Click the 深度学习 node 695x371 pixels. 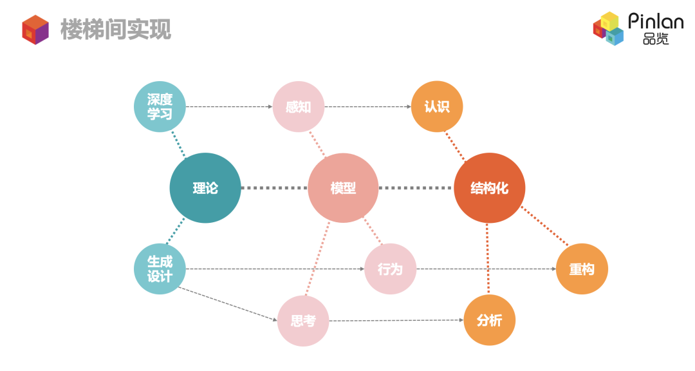click(x=160, y=106)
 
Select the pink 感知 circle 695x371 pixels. click(x=298, y=106)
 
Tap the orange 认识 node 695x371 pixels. click(x=437, y=106)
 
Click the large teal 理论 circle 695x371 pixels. click(x=205, y=188)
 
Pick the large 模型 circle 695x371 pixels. click(x=343, y=188)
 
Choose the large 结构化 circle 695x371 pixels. click(x=490, y=188)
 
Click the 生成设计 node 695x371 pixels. click(x=160, y=269)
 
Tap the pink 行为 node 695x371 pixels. click(x=390, y=269)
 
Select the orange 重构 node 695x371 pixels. click(x=582, y=269)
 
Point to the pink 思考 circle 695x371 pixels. click(x=303, y=320)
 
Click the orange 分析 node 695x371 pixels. click(x=490, y=320)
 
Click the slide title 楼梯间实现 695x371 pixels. click(x=116, y=29)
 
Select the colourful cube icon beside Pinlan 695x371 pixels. click(x=609, y=29)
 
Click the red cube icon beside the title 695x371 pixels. click(x=35, y=29)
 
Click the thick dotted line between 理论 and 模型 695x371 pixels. click(x=274, y=188)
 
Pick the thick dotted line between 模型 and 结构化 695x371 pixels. click(x=415, y=188)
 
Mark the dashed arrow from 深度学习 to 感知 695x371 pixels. click(x=228, y=106)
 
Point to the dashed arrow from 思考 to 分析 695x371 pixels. click(x=396, y=320)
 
